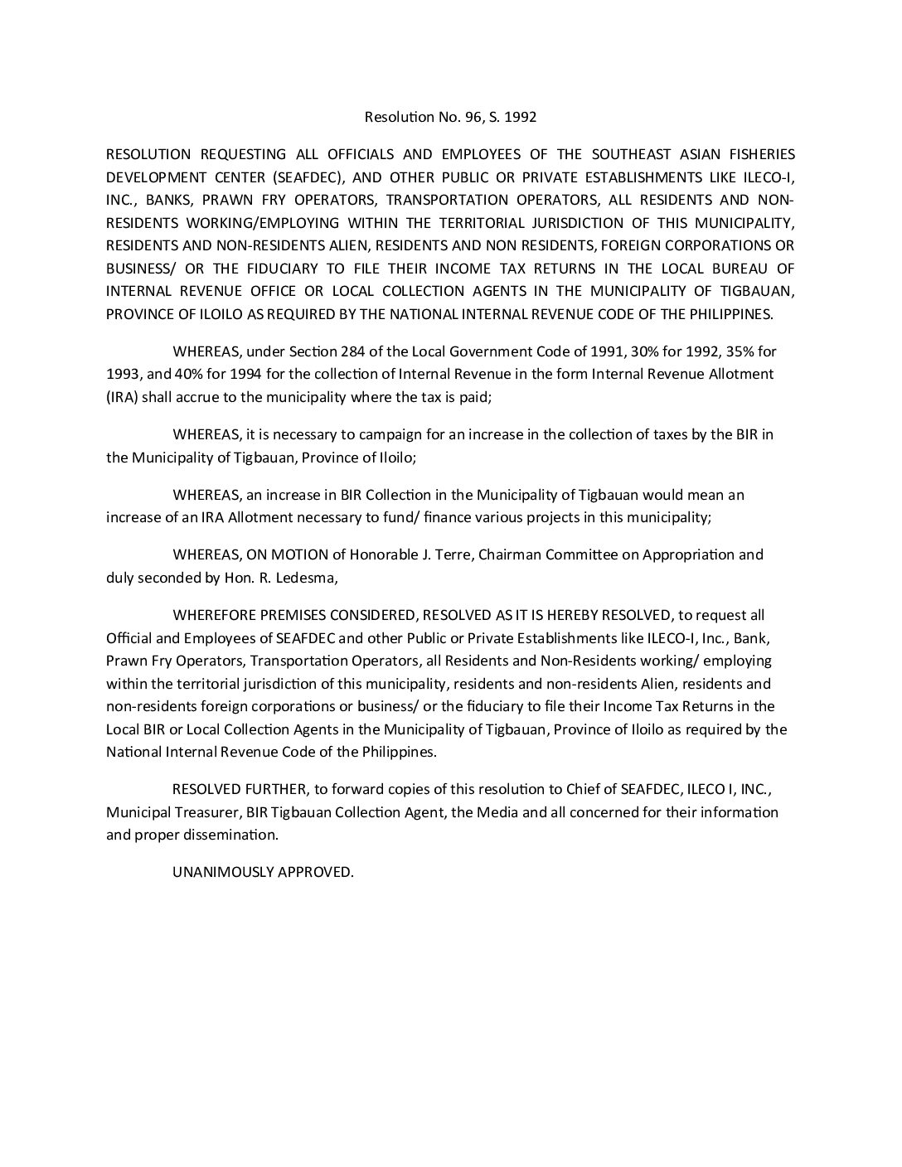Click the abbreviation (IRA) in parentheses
pyautogui.click(x=122, y=397)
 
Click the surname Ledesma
pyautogui.click(x=310, y=578)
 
